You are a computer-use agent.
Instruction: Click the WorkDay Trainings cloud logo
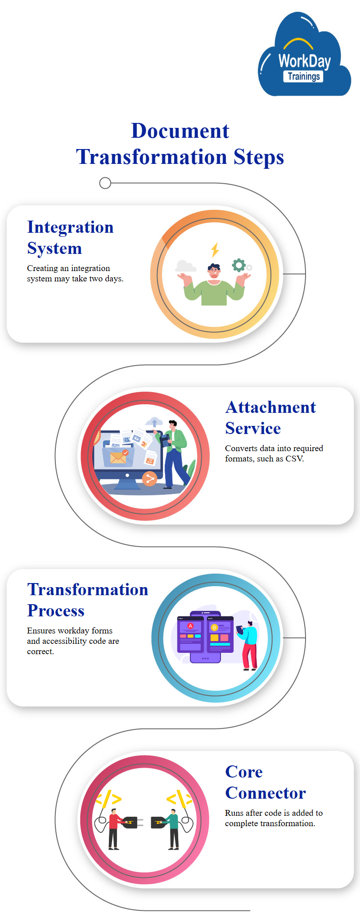[x=304, y=55]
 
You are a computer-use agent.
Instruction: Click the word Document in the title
[x=180, y=131]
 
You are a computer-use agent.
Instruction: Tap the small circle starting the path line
[x=105, y=183]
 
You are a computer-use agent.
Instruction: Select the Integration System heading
[x=70, y=238]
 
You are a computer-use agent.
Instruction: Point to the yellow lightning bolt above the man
[x=215, y=250]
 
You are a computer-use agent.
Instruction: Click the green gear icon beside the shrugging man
[x=238, y=265]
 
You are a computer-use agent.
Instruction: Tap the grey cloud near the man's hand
[x=186, y=266]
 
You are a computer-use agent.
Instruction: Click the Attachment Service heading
[x=270, y=418]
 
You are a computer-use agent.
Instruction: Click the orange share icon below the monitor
[x=149, y=479]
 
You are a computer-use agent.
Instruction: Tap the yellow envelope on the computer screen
[x=118, y=458]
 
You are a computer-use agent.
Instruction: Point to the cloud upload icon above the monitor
[x=154, y=422]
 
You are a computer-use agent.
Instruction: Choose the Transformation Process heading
[x=88, y=600]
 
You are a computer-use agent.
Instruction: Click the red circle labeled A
[x=190, y=626]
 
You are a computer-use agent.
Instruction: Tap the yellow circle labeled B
[x=214, y=627]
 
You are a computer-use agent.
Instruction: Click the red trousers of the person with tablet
[x=250, y=656]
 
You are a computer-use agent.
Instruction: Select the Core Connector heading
[x=265, y=782]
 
